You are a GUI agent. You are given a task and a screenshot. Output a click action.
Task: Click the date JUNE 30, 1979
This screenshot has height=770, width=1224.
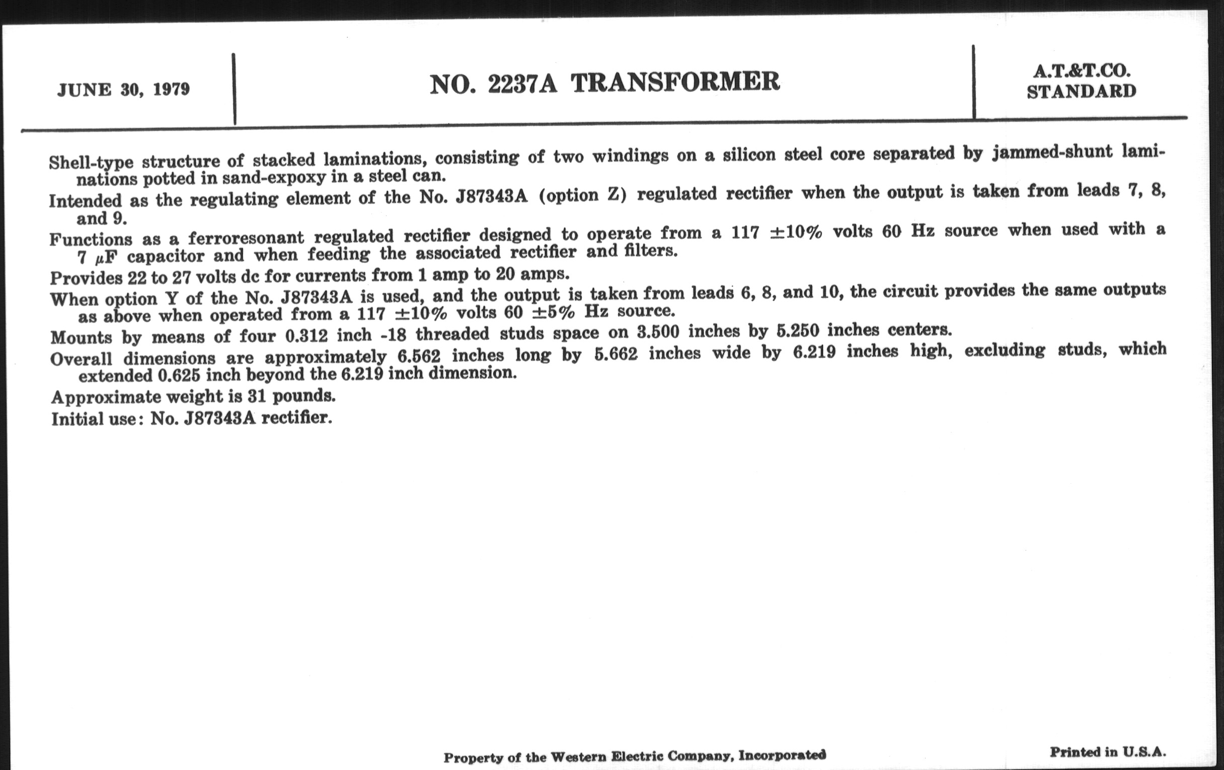coord(123,90)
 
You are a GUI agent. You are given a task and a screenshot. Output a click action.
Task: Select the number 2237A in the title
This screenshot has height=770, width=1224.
coord(522,84)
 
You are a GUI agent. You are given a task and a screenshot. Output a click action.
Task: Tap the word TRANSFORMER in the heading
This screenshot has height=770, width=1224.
coord(675,83)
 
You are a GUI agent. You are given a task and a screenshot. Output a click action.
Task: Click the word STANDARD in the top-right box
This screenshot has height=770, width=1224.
coord(1081,92)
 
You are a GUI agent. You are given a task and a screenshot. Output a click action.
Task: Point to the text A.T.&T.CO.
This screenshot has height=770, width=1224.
coord(1081,71)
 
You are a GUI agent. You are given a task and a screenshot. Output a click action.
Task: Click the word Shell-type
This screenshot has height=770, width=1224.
coord(91,162)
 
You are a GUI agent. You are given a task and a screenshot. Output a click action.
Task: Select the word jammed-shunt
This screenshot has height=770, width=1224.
coord(1052,152)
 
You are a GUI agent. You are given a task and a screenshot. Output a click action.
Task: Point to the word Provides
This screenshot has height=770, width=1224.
coord(86,277)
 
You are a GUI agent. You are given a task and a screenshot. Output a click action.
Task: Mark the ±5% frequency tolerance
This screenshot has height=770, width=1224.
coord(553,312)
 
